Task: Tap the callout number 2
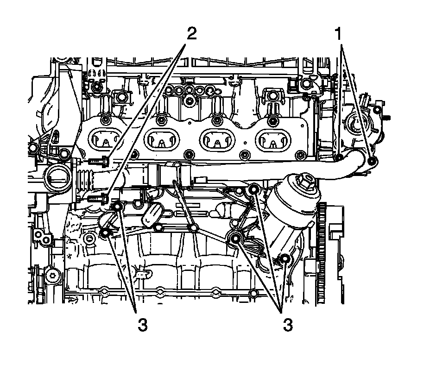coord(192,34)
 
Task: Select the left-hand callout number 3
coord(143,325)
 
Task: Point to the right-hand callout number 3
coord(288,325)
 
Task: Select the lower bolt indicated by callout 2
coord(98,198)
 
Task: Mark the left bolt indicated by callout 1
coord(339,157)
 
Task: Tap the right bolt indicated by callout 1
coord(372,161)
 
